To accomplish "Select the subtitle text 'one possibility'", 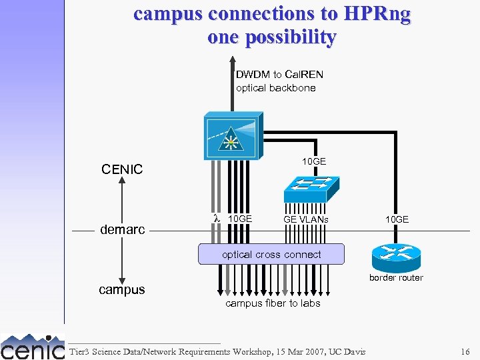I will click(271, 37).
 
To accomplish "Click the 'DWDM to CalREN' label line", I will click(279, 74).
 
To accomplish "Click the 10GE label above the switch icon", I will click(314, 161).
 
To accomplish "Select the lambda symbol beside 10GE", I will click(216, 219).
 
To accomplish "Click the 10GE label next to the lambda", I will click(240, 219).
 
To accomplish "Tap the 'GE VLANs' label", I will click(305, 219).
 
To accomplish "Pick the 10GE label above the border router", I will click(397, 219).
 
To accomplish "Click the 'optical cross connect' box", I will click(271, 254).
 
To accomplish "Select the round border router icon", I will click(396, 254).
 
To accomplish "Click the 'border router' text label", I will click(396, 277).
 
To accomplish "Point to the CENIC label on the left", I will click(122, 169).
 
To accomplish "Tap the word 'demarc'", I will click(122, 230).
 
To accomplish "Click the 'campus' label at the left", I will click(122, 290).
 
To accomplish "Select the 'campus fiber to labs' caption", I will click(273, 303).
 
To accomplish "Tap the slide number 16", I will click(465, 351).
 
